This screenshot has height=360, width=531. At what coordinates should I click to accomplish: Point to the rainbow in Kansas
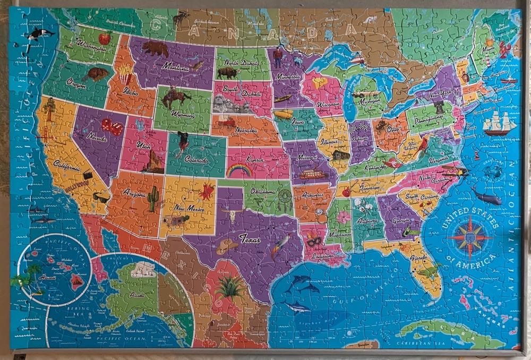click(x=239, y=170)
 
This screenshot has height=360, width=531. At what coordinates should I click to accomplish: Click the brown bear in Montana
click(x=155, y=49)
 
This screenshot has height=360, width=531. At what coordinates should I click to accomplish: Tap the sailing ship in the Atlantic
click(x=499, y=124)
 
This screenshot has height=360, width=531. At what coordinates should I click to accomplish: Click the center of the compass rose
click(x=469, y=237)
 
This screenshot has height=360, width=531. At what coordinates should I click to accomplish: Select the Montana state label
click(x=176, y=67)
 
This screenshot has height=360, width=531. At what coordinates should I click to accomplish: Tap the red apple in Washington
click(x=105, y=38)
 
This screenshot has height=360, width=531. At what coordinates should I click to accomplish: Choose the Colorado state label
click(x=196, y=158)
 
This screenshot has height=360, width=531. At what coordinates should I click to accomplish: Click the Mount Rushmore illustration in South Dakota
click(x=232, y=106)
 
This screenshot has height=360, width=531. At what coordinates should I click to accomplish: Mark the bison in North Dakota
click(x=227, y=73)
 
